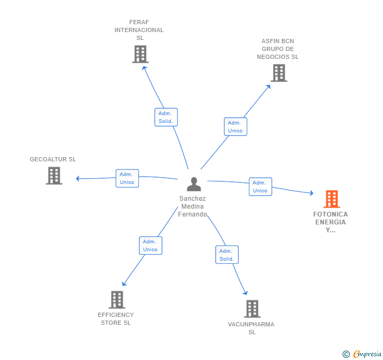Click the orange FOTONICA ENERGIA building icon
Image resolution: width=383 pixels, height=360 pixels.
[x=331, y=199]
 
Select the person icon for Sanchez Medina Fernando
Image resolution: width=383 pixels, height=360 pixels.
[x=194, y=184]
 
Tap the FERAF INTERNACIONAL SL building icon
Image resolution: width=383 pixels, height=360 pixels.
[x=140, y=54]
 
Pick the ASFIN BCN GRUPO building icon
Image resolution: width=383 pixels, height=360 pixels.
[x=279, y=73]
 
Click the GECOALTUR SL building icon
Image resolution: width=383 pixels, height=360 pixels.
[x=54, y=176]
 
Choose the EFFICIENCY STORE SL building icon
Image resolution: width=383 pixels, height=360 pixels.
[x=117, y=300]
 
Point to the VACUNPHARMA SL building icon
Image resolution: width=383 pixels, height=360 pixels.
[x=253, y=308]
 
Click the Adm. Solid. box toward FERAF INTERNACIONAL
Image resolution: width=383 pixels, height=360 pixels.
[x=166, y=117]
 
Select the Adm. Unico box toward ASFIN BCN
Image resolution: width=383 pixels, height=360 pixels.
[x=236, y=127]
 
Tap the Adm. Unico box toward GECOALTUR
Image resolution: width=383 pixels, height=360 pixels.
[x=127, y=178]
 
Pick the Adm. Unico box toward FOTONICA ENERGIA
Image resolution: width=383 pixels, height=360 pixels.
[x=260, y=187]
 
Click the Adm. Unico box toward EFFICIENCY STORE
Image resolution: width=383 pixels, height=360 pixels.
[x=150, y=245]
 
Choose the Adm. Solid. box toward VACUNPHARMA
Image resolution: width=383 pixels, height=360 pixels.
[x=227, y=254]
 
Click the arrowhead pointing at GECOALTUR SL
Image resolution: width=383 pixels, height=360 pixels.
[x=77, y=178]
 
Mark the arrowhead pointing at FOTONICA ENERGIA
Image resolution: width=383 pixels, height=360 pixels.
[x=311, y=193]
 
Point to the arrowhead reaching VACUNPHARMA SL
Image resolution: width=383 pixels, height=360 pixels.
[x=245, y=293]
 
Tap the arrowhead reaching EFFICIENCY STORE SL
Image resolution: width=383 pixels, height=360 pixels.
[x=124, y=284]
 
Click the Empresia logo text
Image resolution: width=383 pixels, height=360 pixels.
[x=367, y=354]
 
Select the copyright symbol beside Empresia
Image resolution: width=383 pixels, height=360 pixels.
[x=346, y=354]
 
